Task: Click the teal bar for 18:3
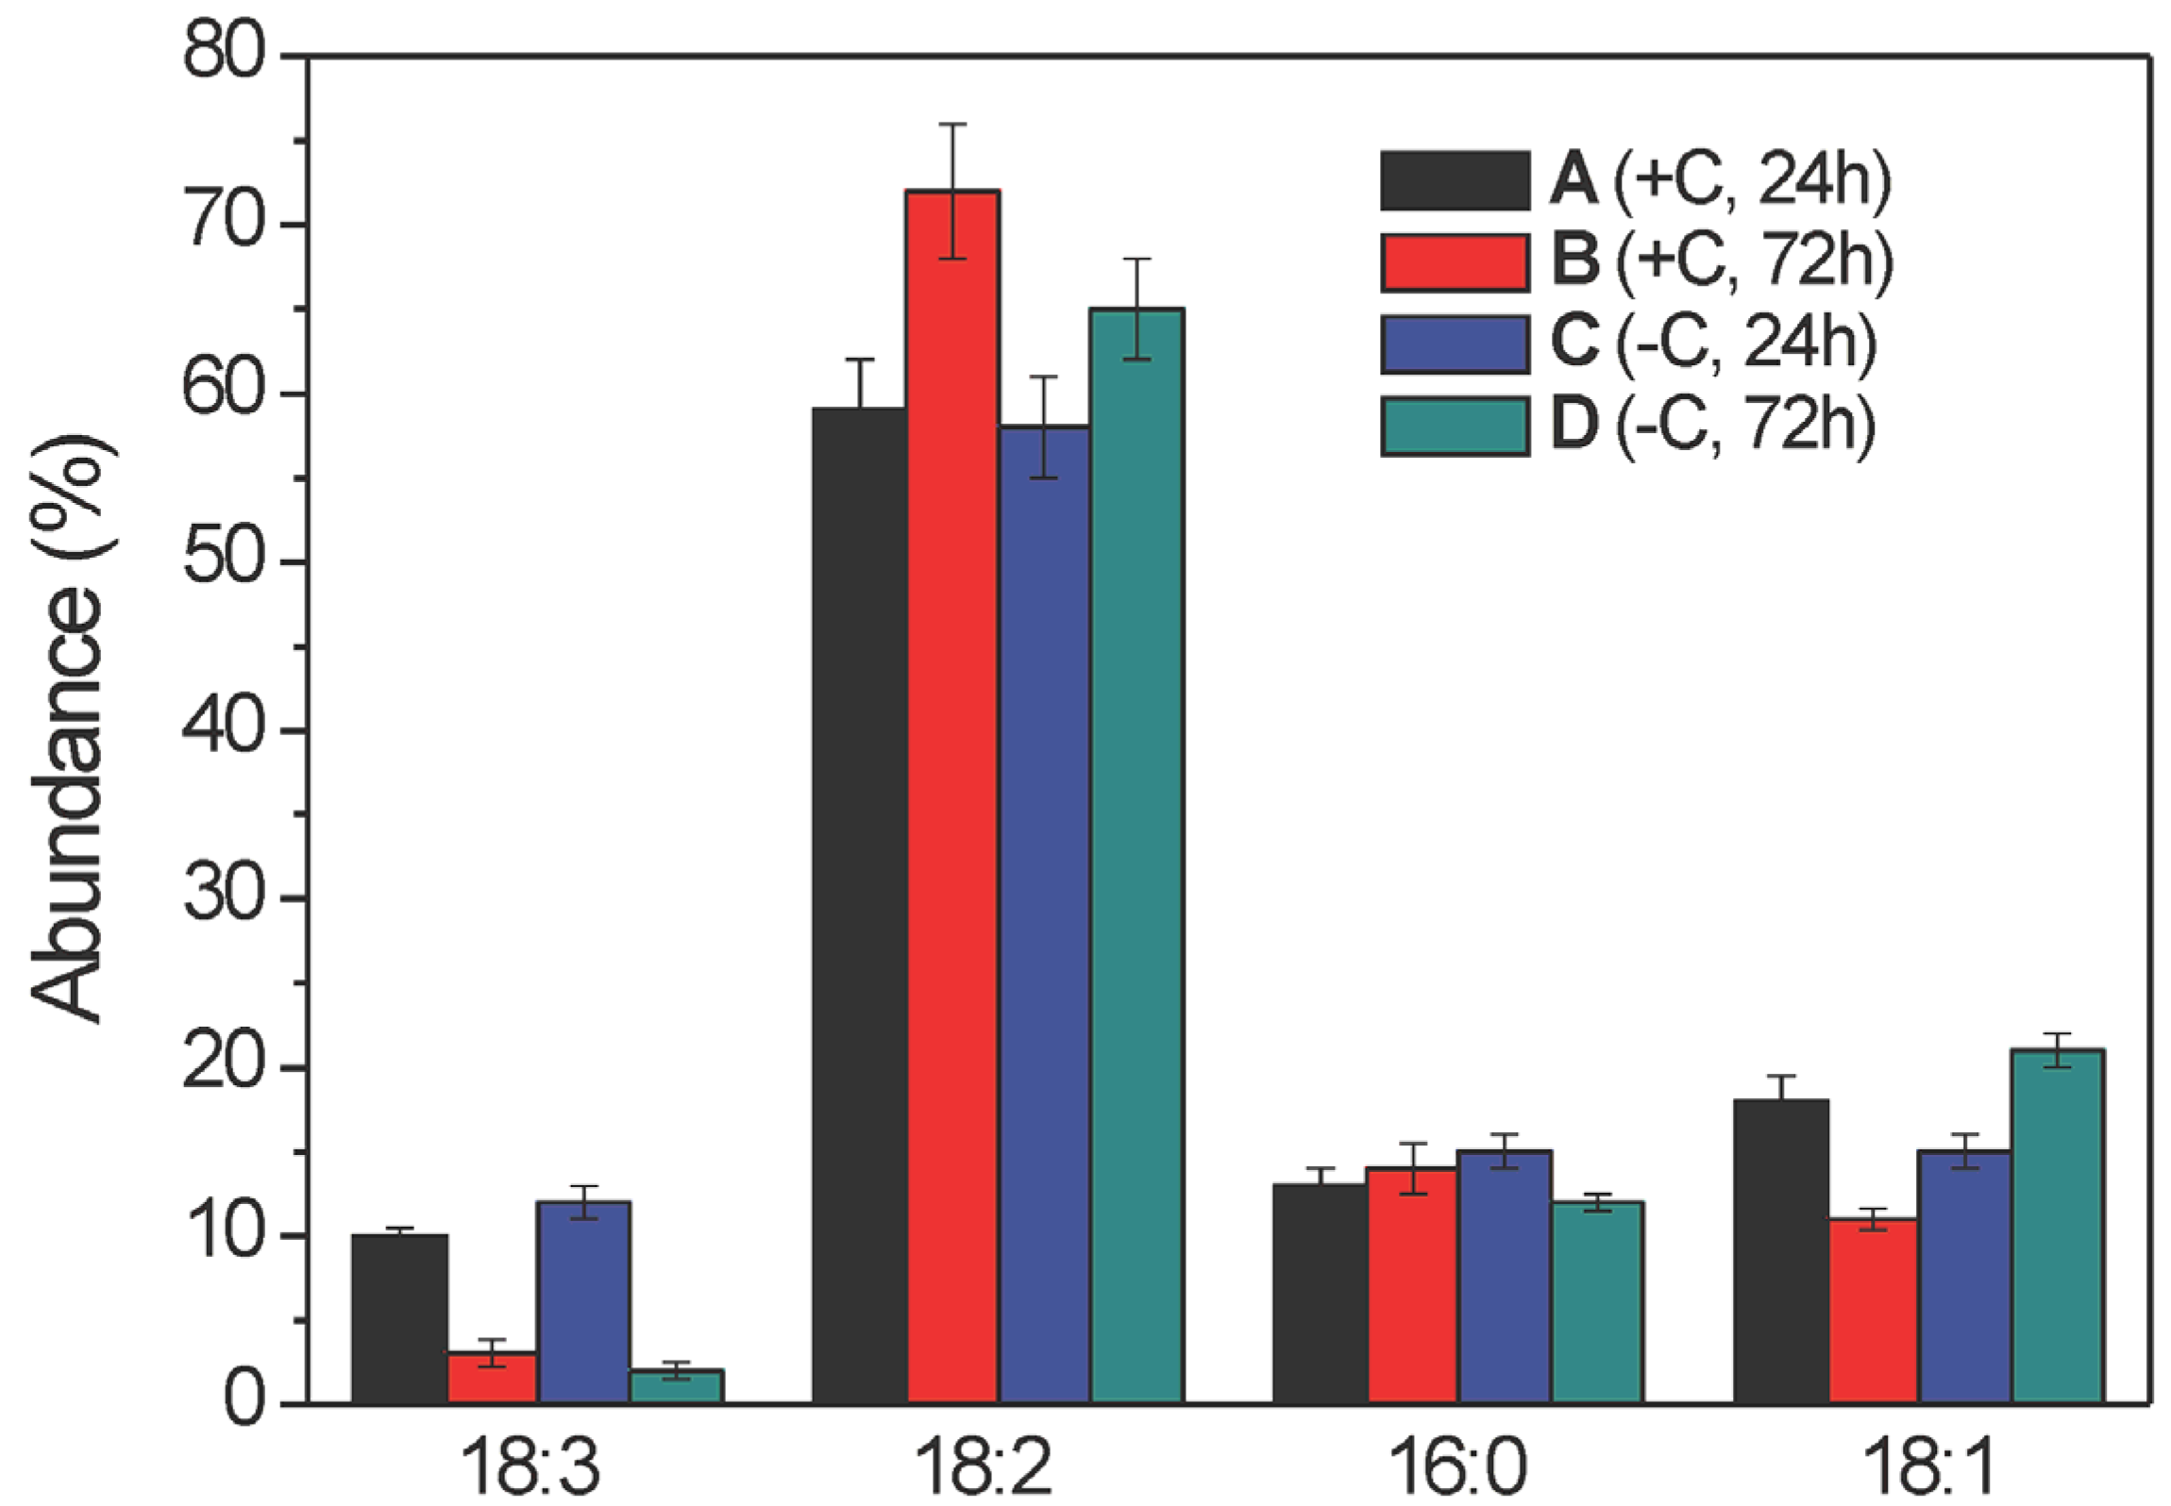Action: (x=676, y=1386)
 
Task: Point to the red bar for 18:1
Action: (x=1873, y=1311)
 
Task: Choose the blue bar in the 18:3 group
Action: (x=583, y=1301)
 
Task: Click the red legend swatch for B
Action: (x=1455, y=262)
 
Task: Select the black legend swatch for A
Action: (x=1455, y=180)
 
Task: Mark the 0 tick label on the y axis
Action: (x=244, y=1404)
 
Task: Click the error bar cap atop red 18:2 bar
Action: (x=952, y=125)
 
